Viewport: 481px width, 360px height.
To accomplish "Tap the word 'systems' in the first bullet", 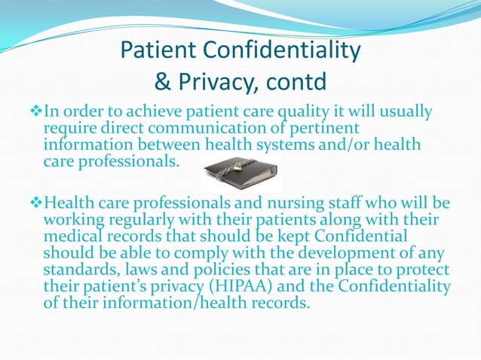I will (299, 145).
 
